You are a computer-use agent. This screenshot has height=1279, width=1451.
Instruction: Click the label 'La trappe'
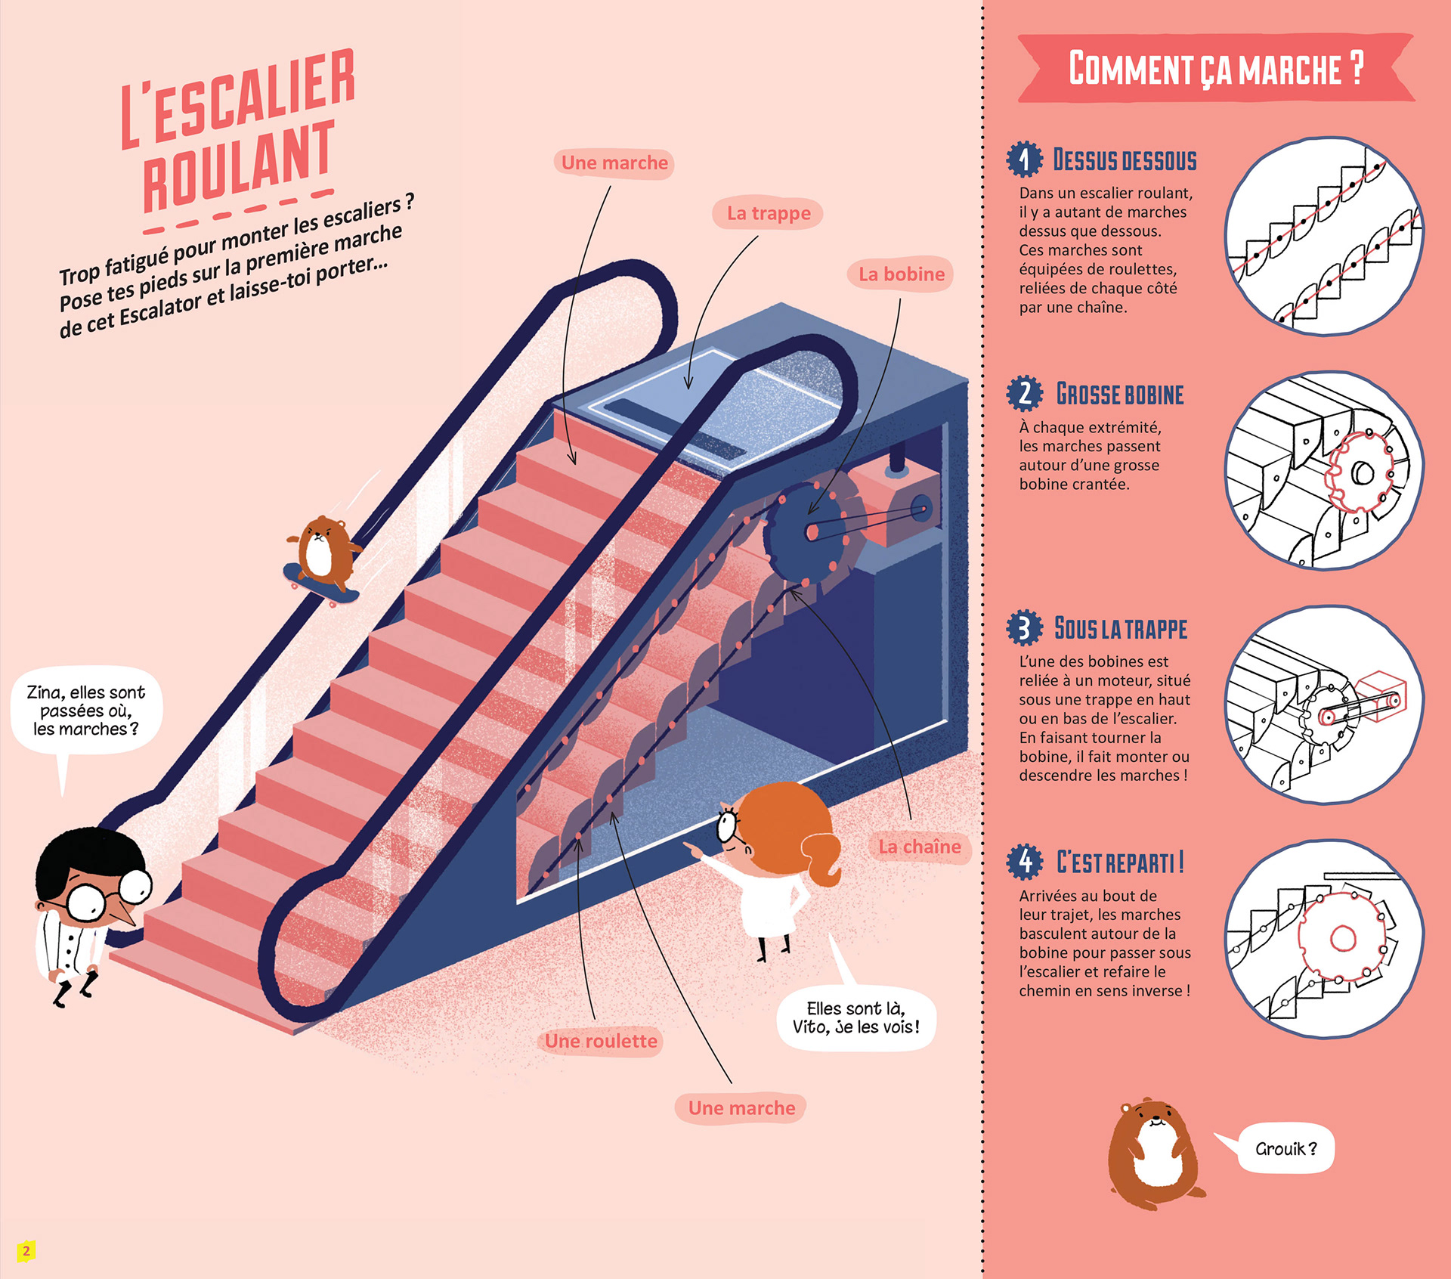(768, 213)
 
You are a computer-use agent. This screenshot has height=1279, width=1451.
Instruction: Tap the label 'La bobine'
(901, 274)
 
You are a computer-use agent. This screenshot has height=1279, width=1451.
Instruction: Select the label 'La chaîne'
(919, 847)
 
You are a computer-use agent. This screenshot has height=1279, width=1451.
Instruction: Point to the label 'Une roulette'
(601, 1041)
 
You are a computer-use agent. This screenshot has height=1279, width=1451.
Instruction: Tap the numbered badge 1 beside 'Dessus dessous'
(1024, 159)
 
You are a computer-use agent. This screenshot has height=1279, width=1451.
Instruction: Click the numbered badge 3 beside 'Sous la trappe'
(1024, 628)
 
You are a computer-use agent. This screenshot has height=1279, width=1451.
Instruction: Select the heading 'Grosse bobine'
(1120, 395)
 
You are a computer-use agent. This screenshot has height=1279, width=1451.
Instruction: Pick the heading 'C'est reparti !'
(1120, 862)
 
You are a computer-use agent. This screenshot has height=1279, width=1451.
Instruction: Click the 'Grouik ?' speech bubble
(1285, 1149)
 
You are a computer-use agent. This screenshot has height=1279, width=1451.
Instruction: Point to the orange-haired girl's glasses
(728, 825)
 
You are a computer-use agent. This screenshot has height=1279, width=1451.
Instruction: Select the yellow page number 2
(26, 1251)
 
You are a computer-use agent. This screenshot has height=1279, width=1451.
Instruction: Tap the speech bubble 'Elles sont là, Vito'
(855, 1017)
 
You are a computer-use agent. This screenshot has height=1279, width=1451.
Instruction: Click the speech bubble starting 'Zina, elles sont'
(85, 711)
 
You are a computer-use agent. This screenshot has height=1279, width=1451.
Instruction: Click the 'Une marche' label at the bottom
(741, 1108)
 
